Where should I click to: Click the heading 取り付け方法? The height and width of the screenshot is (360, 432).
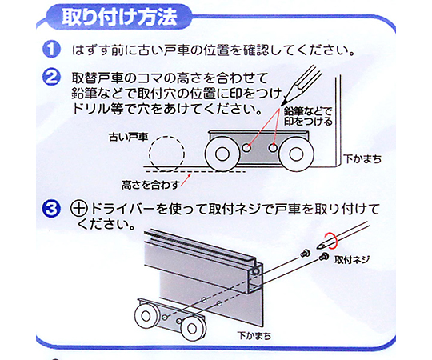point(119,18)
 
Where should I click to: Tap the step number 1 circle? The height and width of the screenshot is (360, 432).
point(51,50)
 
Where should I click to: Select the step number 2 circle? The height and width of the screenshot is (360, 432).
point(51,77)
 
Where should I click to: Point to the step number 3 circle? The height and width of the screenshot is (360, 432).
point(51,210)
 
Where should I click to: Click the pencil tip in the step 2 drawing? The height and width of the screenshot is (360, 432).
point(282,105)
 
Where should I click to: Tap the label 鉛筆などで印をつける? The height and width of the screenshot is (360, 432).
point(308,116)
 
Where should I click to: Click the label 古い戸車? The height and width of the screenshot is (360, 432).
point(128,137)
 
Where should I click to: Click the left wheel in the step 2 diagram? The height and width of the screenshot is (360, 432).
point(222,154)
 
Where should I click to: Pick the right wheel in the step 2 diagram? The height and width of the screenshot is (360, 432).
point(296,154)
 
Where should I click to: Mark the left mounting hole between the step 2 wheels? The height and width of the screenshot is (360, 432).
point(246,148)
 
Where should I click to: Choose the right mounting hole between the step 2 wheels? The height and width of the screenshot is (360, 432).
point(273,148)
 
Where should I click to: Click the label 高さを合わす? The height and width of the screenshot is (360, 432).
point(150,185)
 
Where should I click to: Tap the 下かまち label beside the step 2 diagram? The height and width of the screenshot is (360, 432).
point(362,159)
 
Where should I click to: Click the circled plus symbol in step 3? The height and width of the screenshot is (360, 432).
point(79,209)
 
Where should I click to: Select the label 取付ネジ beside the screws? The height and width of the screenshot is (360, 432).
point(351,260)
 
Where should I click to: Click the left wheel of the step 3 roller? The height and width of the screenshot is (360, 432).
point(146,316)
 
